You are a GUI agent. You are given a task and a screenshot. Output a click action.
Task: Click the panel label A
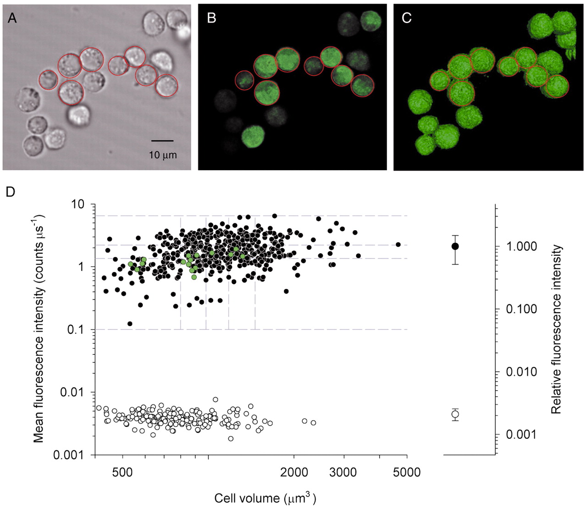12,18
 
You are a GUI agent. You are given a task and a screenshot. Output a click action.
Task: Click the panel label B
211,18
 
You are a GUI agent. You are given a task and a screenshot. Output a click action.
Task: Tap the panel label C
406,18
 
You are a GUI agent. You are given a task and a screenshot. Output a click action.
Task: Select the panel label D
10,191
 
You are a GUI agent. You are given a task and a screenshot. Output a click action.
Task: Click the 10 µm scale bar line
162,141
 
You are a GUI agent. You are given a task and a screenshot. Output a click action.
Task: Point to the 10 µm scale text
163,155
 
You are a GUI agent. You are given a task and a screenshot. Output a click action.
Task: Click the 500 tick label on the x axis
122,472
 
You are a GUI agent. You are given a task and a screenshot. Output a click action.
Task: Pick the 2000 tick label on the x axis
294,472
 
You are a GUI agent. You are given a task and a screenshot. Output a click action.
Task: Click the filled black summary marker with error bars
455,246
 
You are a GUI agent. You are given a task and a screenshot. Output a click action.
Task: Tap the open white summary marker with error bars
455,414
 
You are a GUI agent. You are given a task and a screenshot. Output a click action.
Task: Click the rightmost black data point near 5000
398,244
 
